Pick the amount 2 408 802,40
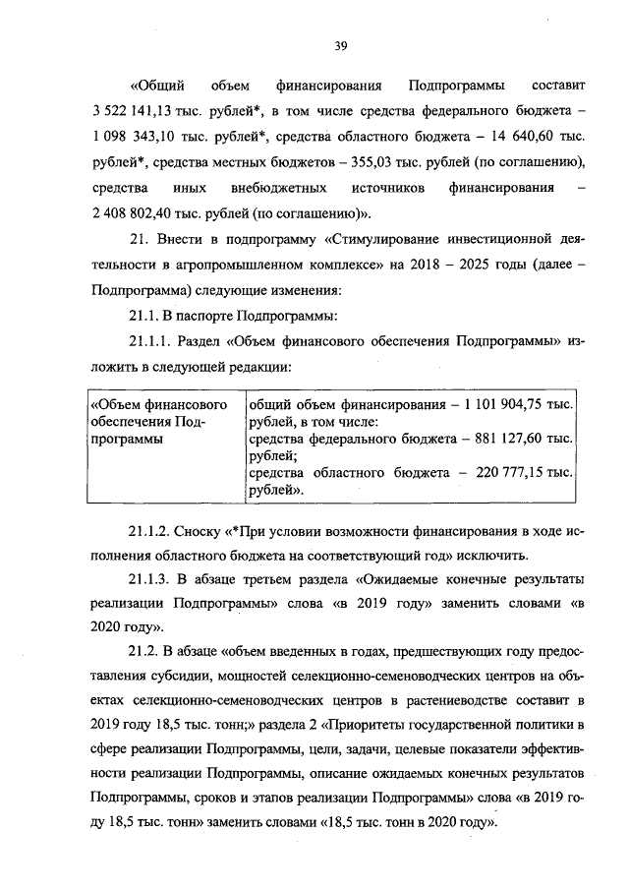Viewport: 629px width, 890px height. [134, 211]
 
